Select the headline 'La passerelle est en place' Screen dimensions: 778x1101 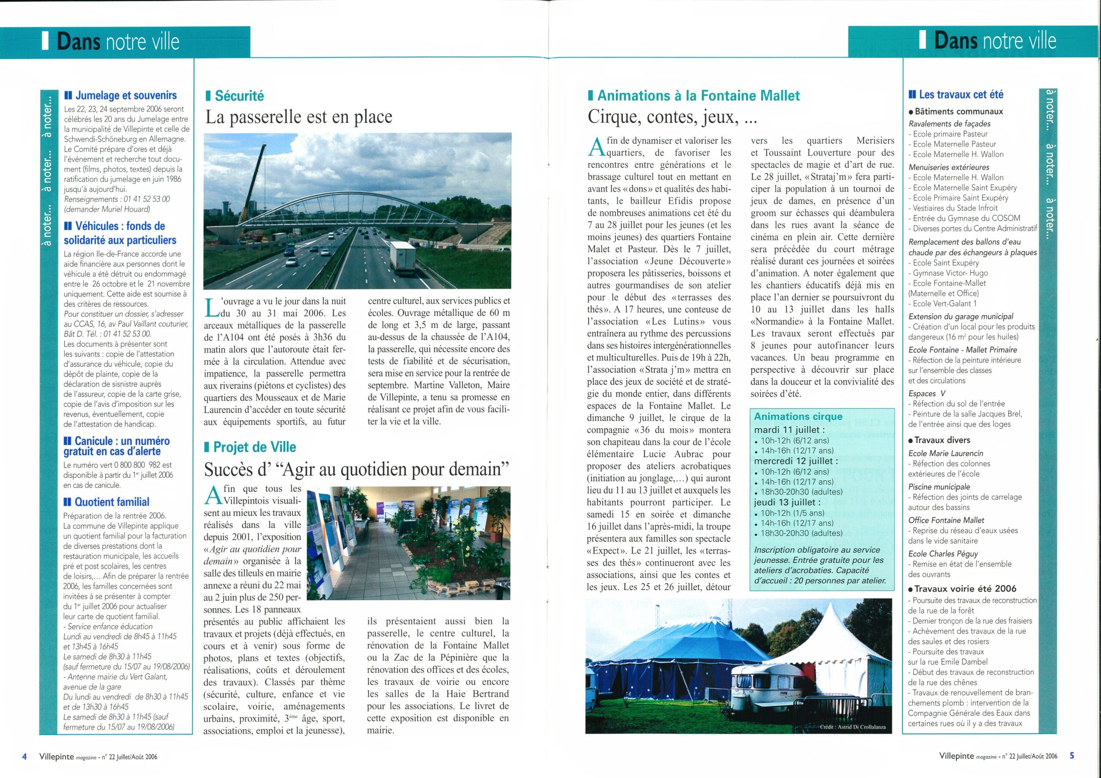(299, 117)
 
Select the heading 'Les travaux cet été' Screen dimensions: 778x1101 (961, 95)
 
